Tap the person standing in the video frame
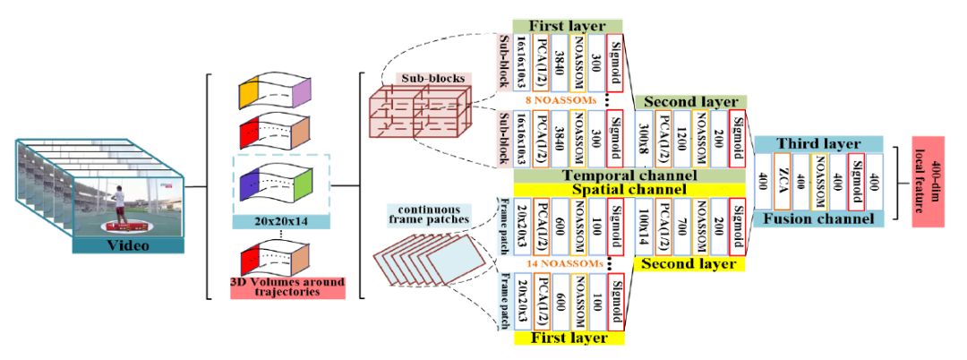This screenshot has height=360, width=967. tap(118, 199)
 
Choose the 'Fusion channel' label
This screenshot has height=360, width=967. tap(818, 219)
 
